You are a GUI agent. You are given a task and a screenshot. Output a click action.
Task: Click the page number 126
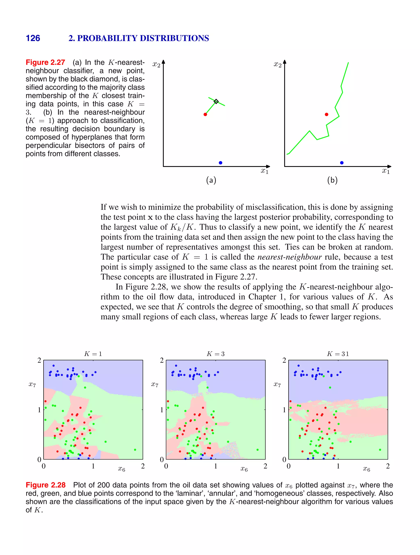click(x=33, y=38)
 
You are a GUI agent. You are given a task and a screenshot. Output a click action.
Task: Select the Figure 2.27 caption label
click(x=45, y=62)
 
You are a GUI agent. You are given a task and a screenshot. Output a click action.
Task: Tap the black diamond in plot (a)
click(x=216, y=101)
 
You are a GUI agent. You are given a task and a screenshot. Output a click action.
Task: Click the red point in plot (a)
click(x=205, y=114)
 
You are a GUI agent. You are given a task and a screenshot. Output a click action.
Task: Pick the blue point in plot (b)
click(x=342, y=163)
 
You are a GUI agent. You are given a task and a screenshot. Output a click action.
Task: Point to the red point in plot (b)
click(x=326, y=114)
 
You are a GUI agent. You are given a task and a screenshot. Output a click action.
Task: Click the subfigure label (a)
click(x=211, y=180)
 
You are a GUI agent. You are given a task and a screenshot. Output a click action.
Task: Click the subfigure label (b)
click(x=332, y=180)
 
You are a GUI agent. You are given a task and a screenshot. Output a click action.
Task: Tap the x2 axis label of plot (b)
click(x=277, y=64)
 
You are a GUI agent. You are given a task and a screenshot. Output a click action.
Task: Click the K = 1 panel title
click(x=93, y=354)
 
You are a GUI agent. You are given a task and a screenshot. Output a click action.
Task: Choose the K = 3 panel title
click(x=216, y=354)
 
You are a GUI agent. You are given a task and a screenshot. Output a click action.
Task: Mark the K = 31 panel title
click(x=338, y=354)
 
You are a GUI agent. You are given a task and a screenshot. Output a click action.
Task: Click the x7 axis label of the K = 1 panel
click(x=32, y=384)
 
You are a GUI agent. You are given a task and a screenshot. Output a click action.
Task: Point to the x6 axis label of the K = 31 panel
click(x=366, y=469)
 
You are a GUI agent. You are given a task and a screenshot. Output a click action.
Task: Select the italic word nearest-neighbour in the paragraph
click(x=290, y=257)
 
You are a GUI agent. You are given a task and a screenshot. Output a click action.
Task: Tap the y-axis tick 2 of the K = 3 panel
click(x=162, y=360)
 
